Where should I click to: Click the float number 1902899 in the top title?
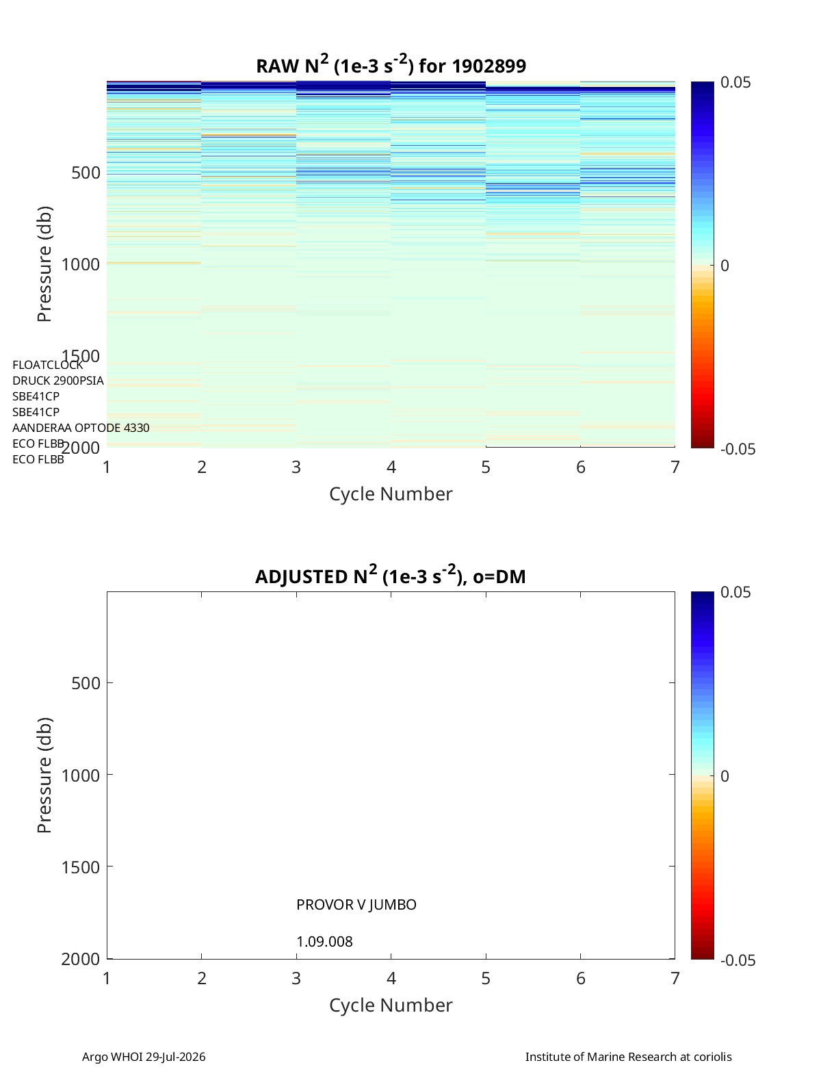488,66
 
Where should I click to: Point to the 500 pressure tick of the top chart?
86,173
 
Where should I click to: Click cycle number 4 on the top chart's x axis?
391,467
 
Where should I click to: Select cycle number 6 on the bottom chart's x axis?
581,979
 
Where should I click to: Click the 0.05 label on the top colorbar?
735,83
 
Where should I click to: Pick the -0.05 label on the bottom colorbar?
738,961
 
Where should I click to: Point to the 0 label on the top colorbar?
725,266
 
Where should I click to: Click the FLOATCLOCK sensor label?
48,365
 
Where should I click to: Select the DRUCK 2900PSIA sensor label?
58,381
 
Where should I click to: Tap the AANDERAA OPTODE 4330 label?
81,428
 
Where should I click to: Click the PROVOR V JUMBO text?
356,905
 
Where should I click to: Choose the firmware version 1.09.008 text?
324,942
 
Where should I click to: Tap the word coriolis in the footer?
712,1057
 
